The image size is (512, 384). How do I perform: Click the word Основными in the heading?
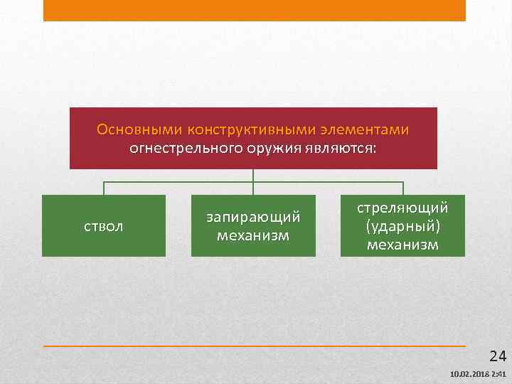click(139, 130)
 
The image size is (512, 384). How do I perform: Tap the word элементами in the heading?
click(370, 130)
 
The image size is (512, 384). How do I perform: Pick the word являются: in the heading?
click(343, 149)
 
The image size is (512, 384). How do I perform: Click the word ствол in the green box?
click(104, 226)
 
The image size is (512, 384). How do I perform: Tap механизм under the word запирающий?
click(253, 235)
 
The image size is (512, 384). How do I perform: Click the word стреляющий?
click(402, 208)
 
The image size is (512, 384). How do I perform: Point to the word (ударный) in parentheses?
click(402, 226)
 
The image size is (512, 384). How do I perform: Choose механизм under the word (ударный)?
click(402, 245)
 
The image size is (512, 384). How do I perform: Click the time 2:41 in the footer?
click(498, 375)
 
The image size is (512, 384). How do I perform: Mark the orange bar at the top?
click(255, 10)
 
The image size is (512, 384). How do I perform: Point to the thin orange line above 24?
click(255, 346)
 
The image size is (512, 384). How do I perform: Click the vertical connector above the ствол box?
click(104, 188)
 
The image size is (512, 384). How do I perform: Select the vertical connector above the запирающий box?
click(253, 182)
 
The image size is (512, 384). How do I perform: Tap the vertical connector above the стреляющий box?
click(403, 188)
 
